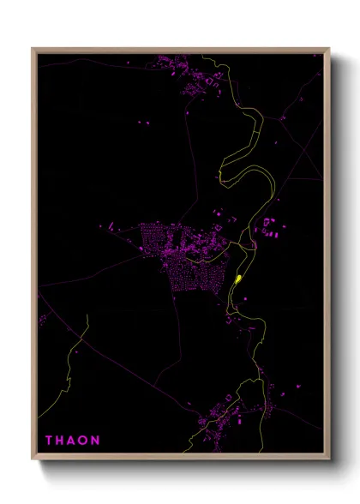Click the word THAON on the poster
(x=73, y=441)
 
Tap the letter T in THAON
(x=49, y=441)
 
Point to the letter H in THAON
(x=61, y=441)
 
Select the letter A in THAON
(x=73, y=441)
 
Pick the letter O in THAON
(x=85, y=441)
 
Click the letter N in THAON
(x=97, y=441)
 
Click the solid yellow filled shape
(x=237, y=279)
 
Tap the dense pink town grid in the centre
(x=180, y=253)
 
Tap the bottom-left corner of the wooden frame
(x=33, y=459)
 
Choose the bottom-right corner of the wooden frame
(x=328, y=459)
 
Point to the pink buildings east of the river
(x=270, y=227)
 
